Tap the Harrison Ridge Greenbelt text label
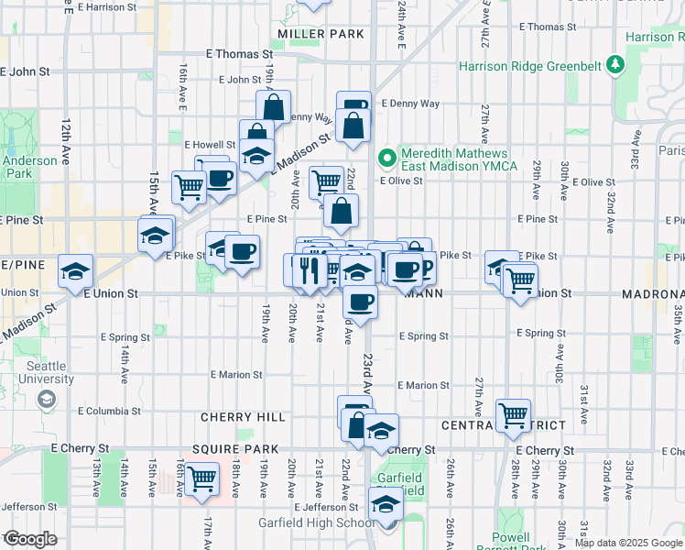[531, 66]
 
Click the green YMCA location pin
[386, 158]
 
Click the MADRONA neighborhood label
[652, 294]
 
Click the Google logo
[29, 539]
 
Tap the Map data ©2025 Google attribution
[627, 543]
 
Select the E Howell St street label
[210, 145]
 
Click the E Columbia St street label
[110, 412]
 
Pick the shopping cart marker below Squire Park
[201, 477]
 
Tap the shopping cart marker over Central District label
[513, 414]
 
